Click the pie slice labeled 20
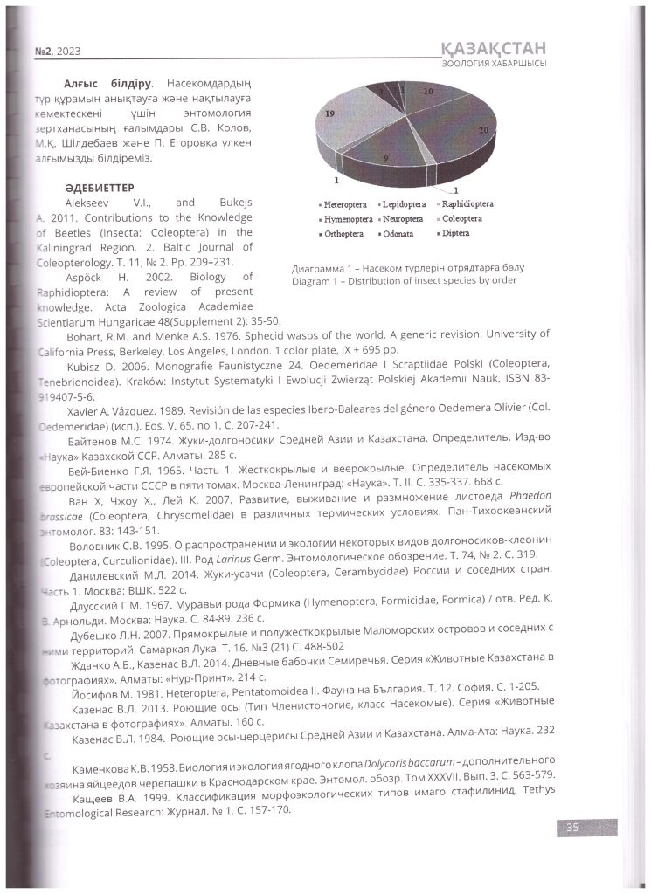click(x=467, y=131)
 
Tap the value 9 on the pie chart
click(x=385, y=158)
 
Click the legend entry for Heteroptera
click(x=343, y=204)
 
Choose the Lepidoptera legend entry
click(x=402, y=204)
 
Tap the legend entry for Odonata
click(x=402, y=234)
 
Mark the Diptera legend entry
click(x=454, y=234)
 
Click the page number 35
click(x=572, y=829)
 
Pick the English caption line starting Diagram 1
click(x=405, y=280)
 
